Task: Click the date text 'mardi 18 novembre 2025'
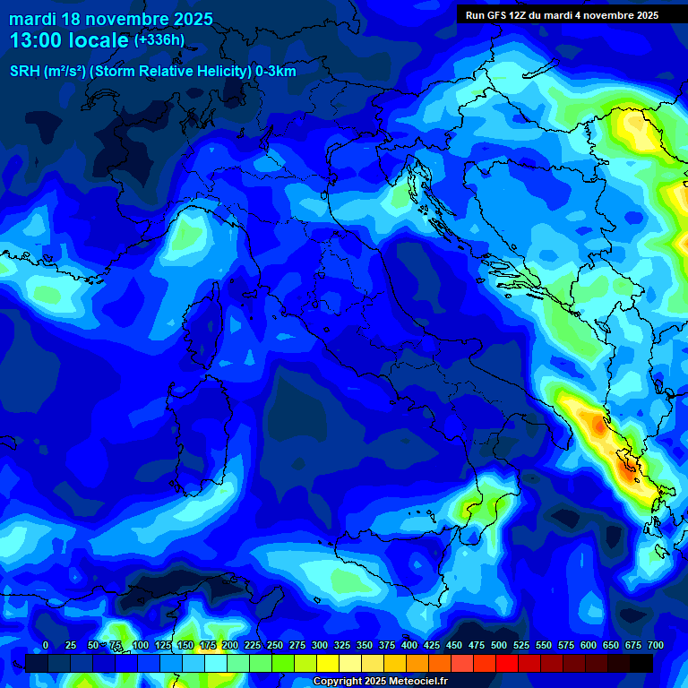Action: (x=111, y=19)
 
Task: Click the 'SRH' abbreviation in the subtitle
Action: (x=26, y=72)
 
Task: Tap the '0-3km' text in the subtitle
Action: (x=275, y=72)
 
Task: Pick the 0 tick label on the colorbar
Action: (x=46, y=646)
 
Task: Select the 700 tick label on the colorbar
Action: (x=655, y=646)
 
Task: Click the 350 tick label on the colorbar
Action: (x=365, y=646)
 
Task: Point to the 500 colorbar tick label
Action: (x=499, y=646)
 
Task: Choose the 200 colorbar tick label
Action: (x=230, y=646)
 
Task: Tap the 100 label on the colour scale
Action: (x=141, y=646)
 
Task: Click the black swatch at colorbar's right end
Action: (x=641, y=663)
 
